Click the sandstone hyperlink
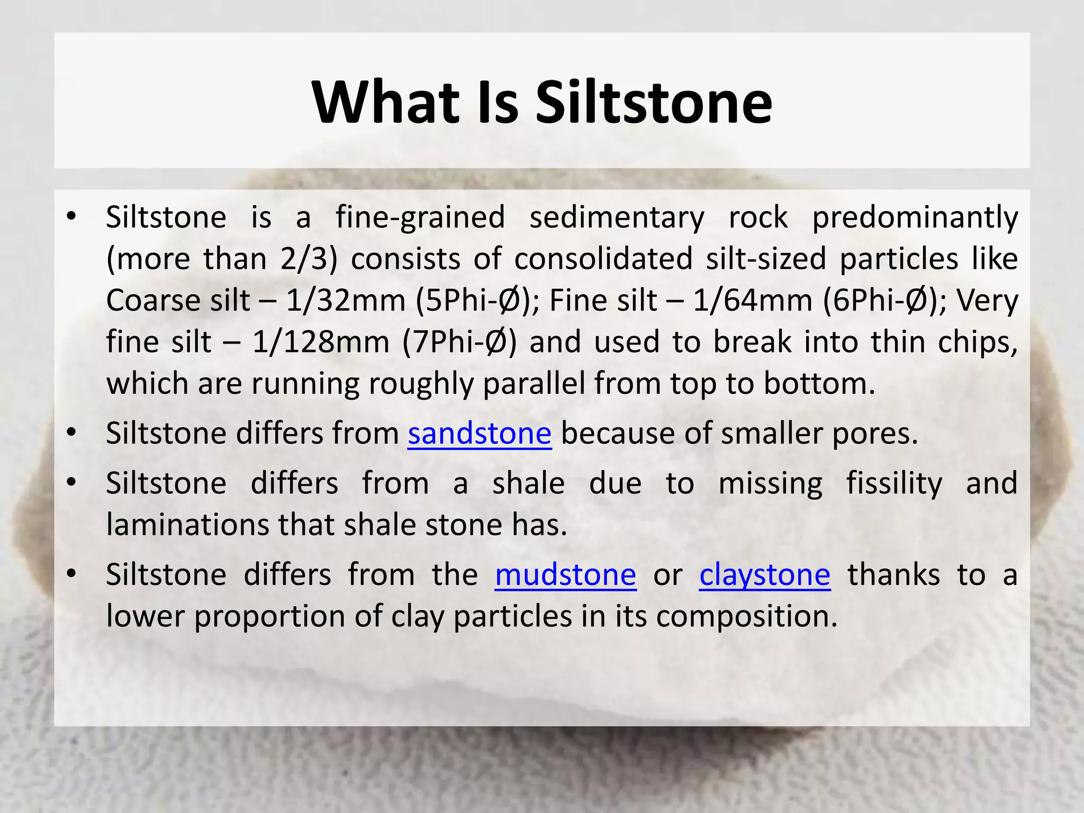[480, 434]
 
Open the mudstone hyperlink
[565, 575]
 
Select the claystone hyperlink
[765, 576]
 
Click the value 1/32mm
[346, 301]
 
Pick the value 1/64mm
[753, 301]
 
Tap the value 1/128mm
[321, 342]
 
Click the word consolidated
[603, 259]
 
